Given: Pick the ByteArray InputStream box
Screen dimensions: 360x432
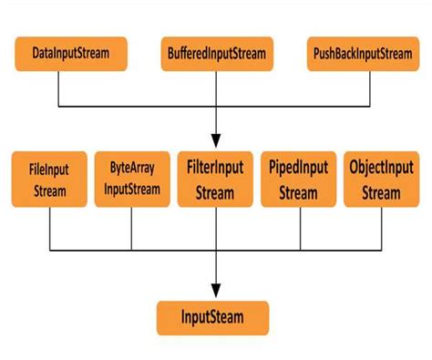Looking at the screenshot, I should pos(132,179).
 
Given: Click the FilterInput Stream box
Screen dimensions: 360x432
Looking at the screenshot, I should pos(215,180).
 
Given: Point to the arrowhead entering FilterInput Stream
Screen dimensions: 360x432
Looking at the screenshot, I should pos(215,143).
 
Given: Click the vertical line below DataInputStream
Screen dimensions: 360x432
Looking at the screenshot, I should pos(60,88).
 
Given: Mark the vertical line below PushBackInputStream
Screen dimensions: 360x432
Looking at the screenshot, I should pos(369,88).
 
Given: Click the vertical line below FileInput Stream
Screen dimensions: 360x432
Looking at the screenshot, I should pos(50,230).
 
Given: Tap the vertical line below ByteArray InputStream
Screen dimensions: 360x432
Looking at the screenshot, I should pos(132,230).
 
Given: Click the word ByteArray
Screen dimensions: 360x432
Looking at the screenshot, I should pos(132,169).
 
